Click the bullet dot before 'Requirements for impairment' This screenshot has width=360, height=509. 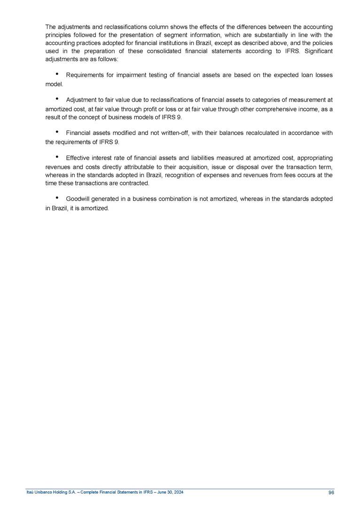pyautogui.click(x=56, y=74)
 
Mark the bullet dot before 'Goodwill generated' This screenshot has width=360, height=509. pyautogui.click(x=56, y=198)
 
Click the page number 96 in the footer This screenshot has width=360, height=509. pyautogui.click(x=331, y=493)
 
